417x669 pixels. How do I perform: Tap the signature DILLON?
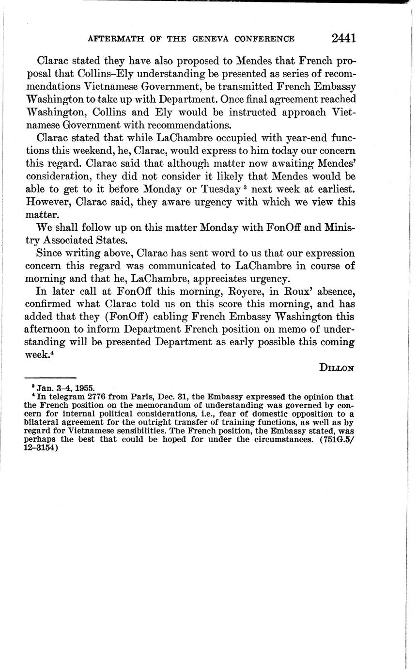coord(337,367)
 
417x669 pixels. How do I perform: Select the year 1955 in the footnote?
coord(85,388)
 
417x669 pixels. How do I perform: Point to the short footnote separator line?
coord(50,378)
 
